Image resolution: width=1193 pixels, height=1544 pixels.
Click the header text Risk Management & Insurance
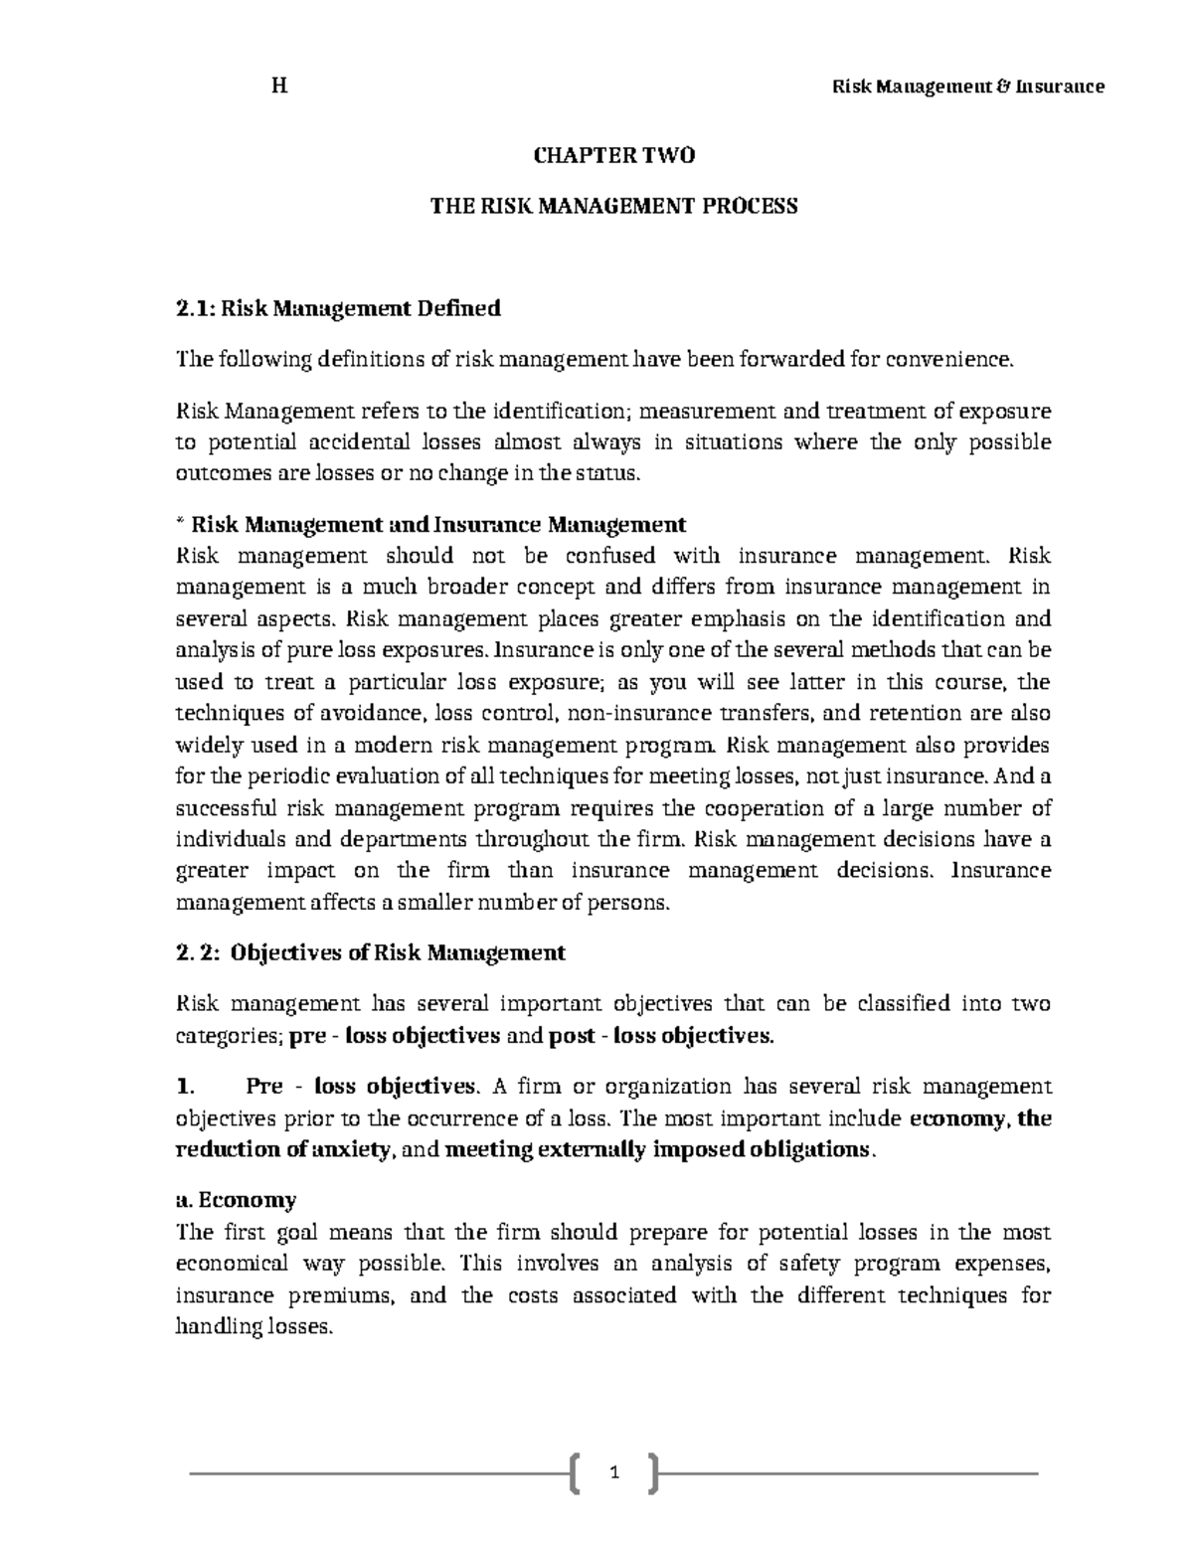(967, 86)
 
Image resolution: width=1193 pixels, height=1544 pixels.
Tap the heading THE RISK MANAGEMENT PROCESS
(613, 207)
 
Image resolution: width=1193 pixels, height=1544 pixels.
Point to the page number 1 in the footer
(614, 1471)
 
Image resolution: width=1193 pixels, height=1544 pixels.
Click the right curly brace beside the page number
(652, 1472)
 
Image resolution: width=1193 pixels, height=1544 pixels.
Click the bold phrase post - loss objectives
(659, 1036)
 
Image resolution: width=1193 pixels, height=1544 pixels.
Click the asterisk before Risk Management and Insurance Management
(179, 523)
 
